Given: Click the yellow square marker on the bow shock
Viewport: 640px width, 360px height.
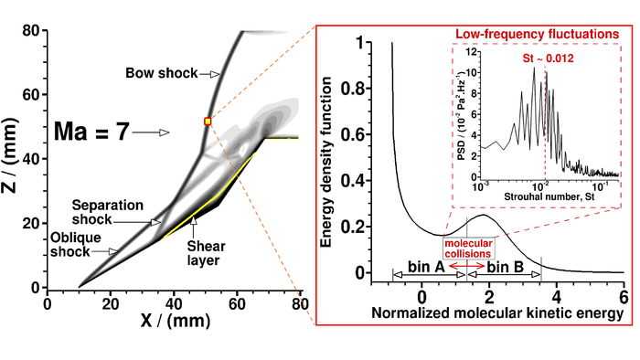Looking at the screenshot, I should [x=208, y=121].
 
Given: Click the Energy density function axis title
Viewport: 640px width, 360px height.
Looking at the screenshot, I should [x=325, y=161].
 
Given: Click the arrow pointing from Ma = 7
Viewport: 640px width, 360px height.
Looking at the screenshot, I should [x=150, y=133].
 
